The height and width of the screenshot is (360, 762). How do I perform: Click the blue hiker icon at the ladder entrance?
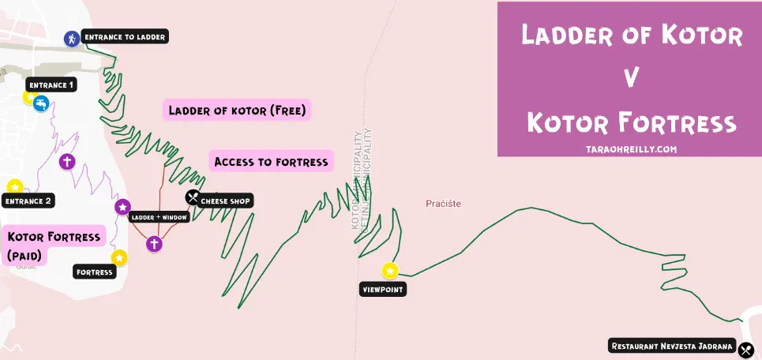tap(72, 38)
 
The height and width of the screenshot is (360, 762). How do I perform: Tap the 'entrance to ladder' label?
tap(125, 36)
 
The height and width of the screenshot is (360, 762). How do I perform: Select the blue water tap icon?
tap(41, 103)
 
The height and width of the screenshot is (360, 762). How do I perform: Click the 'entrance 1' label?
tap(51, 84)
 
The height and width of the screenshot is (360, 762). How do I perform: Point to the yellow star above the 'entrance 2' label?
tap(14, 187)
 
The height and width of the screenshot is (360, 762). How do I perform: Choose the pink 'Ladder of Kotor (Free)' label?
tap(237, 111)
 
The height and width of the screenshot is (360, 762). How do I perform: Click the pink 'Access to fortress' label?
tap(271, 163)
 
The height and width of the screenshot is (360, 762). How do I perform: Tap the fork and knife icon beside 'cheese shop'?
tap(193, 197)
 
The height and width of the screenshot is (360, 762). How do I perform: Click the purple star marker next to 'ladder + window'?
tap(122, 207)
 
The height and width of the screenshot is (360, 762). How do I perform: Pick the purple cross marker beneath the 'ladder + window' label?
tap(155, 243)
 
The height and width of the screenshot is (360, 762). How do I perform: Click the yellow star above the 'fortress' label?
tap(119, 257)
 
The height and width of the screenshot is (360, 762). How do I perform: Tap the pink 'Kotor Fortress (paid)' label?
tap(54, 245)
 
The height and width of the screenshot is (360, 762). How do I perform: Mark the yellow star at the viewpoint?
tap(390, 272)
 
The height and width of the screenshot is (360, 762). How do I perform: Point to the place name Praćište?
tap(443, 204)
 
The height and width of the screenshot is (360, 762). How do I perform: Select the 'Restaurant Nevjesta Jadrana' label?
tap(672, 347)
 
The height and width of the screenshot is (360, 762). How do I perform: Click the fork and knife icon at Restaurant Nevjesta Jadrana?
tap(745, 348)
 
